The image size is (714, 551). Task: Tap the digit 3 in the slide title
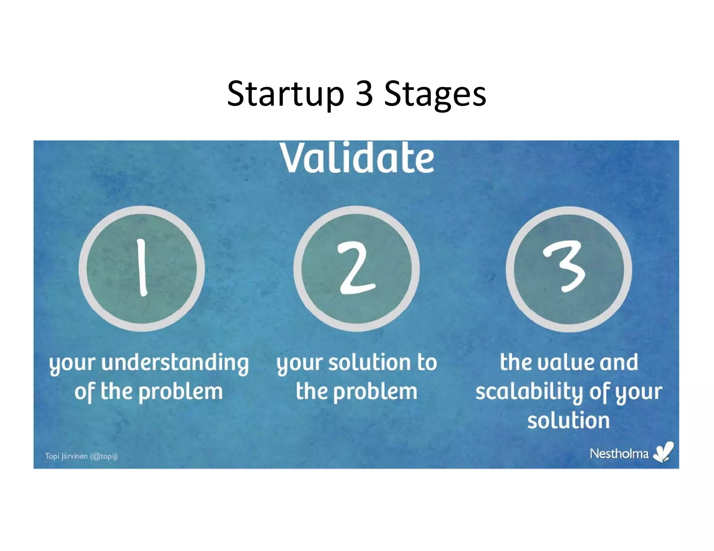[x=364, y=93]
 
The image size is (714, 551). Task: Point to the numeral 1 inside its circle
[x=141, y=267]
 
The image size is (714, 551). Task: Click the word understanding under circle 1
[x=175, y=363]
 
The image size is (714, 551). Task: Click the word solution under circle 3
[x=568, y=420]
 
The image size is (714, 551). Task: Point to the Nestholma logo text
[x=619, y=453]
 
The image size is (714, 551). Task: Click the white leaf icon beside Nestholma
[x=663, y=452]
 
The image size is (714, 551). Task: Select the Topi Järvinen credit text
[x=66, y=456]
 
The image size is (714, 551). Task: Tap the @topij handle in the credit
[x=104, y=456]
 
